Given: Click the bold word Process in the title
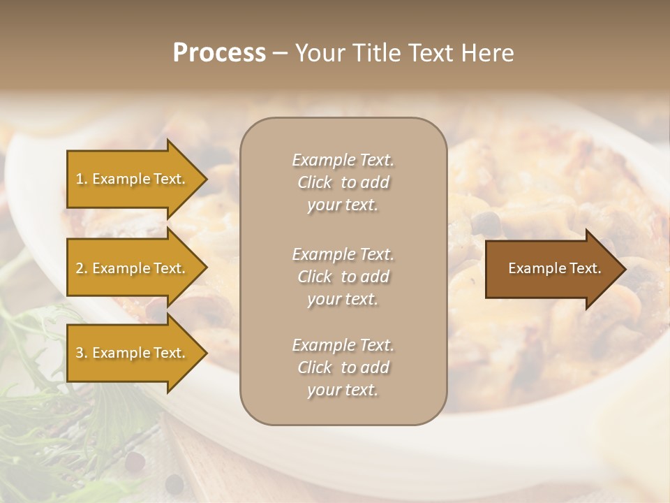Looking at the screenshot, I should pos(219,53).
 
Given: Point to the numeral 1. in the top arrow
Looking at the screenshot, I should pos(82,179).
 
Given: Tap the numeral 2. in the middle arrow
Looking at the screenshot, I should pos(82,268).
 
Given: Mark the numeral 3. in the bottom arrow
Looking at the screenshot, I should pos(82,353).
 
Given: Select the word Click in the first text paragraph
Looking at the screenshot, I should pos(315,182).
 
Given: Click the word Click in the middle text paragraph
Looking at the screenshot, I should pos(315,277).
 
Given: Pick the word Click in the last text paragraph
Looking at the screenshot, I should pos(315,367).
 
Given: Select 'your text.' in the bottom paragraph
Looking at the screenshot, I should pos(343,390).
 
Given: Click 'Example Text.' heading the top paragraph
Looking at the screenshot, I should pos(343,160).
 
